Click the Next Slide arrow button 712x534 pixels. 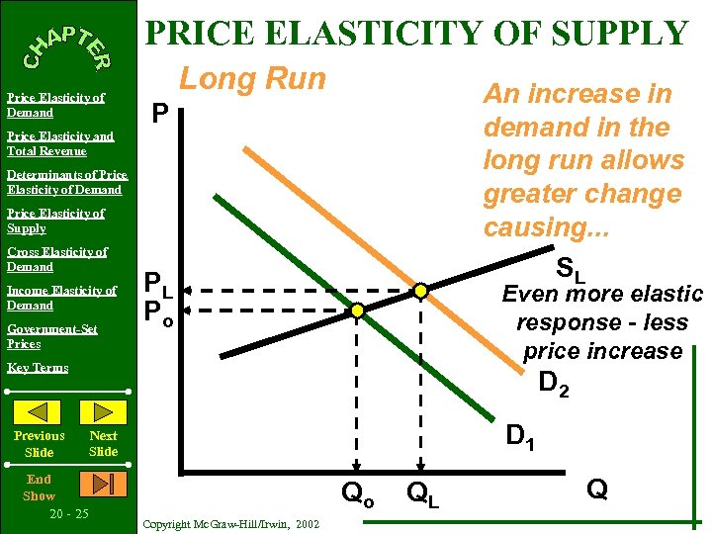(x=102, y=412)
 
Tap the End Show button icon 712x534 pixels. (x=103, y=485)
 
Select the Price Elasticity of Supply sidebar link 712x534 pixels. (x=55, y=221)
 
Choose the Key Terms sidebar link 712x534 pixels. (x=38, y=368)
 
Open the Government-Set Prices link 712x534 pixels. (x=52, y=336)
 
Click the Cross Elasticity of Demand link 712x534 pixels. (x=56, y=259)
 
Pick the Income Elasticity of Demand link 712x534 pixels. (x=61, y=298)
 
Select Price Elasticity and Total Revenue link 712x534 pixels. (x=59, y=143)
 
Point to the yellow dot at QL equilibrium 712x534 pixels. (x=420, y=291)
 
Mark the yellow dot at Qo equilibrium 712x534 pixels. (x=359, y=311)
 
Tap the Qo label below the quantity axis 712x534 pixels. (x=358, y=491)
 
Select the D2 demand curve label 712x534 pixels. (x=554, y=382)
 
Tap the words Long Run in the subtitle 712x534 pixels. (x=251, y=79)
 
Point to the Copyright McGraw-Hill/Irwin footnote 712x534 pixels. (x=230, y=523)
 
